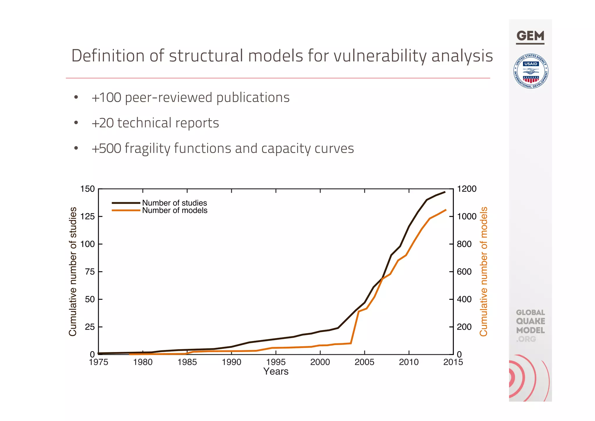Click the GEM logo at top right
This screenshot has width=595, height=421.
click(x=530, y=37)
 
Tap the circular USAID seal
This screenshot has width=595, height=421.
click(x=531, y=71)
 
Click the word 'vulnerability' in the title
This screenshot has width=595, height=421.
click(x=381, y=56)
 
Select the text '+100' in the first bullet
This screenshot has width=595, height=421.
click(x=106, y=97)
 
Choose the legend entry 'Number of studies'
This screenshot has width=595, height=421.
click(x=174, y=203)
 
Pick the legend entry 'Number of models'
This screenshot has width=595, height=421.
click(x=175, y=210)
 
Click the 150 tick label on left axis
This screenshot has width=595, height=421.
click(x=87, y=189)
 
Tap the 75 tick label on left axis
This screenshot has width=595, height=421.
click(x=90, y=272)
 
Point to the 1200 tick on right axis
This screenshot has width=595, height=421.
click(x=467, y=189)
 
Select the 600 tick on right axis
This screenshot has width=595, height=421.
click(x=464, y=272)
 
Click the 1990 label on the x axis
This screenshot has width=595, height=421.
click(x=232, y=362)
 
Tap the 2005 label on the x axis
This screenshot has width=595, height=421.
click(x=364, y=362)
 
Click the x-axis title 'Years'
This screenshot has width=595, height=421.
click(x=276, y=372)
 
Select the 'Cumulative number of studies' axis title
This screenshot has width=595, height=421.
click(x=73, y=271)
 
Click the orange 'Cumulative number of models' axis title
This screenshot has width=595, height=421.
click(x=483, y=271)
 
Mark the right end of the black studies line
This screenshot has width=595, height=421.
click(x=445, y=192)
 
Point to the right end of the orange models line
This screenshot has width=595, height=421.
click(x=446, y=210)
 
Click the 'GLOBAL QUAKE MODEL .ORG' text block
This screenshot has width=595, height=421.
click(x=530, y=326)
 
